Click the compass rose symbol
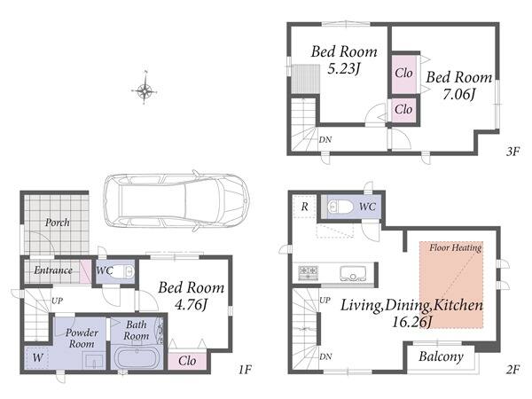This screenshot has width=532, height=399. [145, 90]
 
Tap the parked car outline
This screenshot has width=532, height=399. [176, 201]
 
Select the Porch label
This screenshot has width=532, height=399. [58, 223]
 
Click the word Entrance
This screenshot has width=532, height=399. [53, 270]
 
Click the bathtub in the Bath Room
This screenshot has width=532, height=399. [137, 358]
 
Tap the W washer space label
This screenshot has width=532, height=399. [37, 357]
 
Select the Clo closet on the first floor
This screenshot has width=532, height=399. [187, 361]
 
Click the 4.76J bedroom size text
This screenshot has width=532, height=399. [191, 305]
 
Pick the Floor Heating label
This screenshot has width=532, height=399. [456, 247]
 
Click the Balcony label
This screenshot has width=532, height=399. [441, 356]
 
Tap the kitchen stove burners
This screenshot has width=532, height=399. [309, 272]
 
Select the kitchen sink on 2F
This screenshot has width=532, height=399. [353, 273]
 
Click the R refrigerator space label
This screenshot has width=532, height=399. [305, 207]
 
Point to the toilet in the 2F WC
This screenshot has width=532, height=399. [340, 207]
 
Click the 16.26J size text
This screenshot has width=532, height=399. [411, 321]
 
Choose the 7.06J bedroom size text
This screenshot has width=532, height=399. [458, 94]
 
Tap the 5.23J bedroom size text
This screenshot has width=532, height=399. [343, 68]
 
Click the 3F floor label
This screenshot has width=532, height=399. [513, 152]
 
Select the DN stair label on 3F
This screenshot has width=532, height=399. [325, 139]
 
